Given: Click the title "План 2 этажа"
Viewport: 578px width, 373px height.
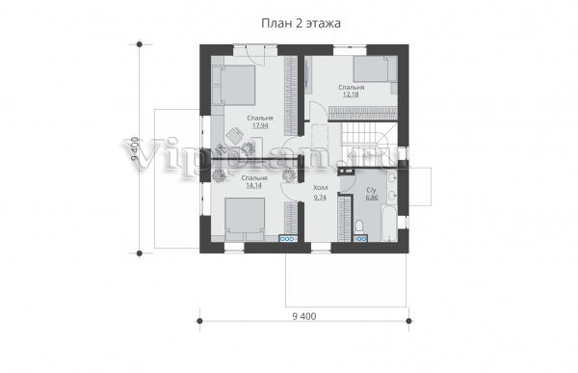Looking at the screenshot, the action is click(301, 23).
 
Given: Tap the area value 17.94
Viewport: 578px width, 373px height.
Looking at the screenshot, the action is click(260, 125).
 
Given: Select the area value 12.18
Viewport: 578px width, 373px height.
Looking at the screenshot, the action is click(351, 94).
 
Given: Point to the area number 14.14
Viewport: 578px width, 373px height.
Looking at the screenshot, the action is click(253, 185).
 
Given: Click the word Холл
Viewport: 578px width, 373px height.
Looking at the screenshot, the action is click(320, 188).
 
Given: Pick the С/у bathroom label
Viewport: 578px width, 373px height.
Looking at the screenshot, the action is click(371, 191).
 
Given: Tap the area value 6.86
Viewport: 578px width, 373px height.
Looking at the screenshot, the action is click(372, 198).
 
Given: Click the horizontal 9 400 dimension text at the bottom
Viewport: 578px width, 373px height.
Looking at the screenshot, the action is click(304, 316).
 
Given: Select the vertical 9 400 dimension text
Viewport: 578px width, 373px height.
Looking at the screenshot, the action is click(135, 148).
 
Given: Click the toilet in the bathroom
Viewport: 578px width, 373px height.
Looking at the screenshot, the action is click(359, 226).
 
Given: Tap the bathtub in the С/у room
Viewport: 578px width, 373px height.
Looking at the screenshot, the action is click(389, 224).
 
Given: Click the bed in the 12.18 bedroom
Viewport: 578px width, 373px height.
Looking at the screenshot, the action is click(375, 69).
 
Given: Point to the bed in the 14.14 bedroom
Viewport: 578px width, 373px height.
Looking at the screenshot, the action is click(245, 219).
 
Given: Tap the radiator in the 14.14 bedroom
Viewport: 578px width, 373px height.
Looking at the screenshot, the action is click(288, 239).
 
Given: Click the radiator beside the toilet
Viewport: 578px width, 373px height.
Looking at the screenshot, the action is click(360, 239).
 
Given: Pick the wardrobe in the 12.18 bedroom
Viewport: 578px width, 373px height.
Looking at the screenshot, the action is click(363, 114).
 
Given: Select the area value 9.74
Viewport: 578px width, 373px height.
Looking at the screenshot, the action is click(320, 198).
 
